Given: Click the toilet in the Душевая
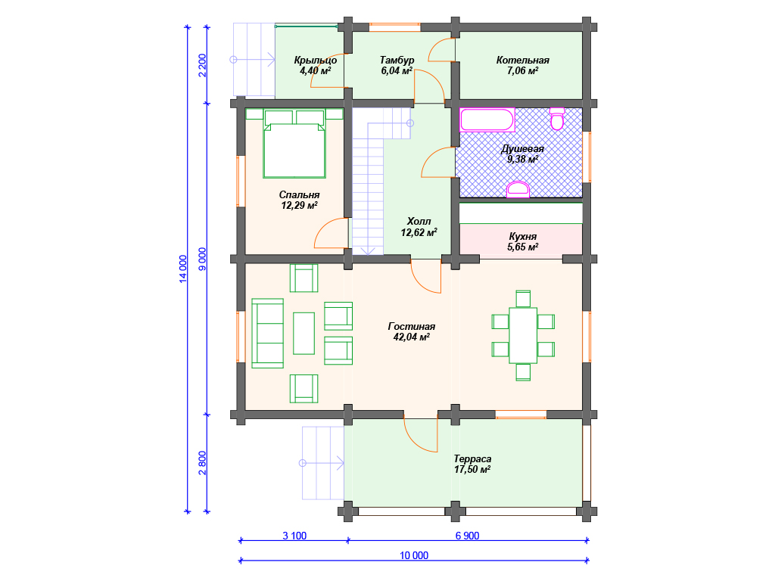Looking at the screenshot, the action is click(x=557, y=119).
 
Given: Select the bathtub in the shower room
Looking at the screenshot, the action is click(x=487, y=120).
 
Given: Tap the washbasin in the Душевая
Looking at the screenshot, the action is click(x=518, y=190).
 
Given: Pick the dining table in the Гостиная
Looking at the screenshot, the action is click(x=523, y=335).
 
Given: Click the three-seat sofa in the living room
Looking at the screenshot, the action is click(x=267, y=333).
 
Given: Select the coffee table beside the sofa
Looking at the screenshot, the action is click(x=304, y=333).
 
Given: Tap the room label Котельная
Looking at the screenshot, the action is click(x=522, y=61).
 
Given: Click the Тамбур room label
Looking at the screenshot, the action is click(x=397, y=61).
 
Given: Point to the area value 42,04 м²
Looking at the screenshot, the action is click(x=411, y=337).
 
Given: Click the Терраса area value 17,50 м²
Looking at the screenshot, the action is click(x=472, y=469).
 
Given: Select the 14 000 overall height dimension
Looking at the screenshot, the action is click(x=183, y=269).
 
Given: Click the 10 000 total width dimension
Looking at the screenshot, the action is click(x=414, y=555).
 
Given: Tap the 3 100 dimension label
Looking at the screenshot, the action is click(x=294, y=536).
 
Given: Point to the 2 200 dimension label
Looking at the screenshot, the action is click(x=203, y=65).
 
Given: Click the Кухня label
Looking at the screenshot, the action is click(x=522, y=237).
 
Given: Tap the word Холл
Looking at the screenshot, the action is click(x=419, y=222).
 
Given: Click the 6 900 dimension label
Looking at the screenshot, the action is click(x=467, y=536).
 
